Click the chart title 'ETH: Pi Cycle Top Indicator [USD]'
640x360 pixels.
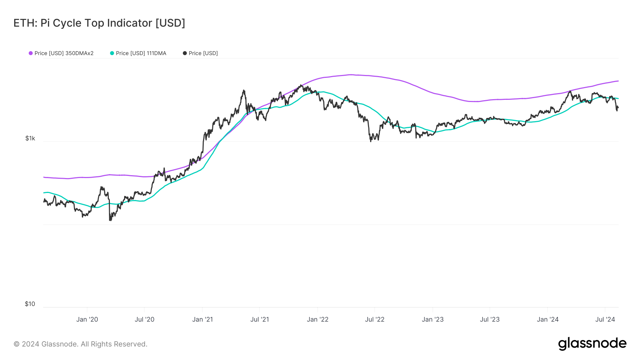pos(99,23)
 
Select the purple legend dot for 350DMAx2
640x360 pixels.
pos(31,53)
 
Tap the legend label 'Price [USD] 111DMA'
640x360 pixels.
pos(141,53)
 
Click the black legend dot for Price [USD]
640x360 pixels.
pos(185,53)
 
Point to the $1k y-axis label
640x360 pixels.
pos(30,138)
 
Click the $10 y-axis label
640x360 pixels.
pos(30,304)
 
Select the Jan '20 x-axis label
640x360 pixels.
pos(87,319)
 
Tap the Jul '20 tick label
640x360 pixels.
pos(144,319)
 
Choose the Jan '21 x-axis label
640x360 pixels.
pos(202,319)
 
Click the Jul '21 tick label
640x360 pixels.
pos(260,319)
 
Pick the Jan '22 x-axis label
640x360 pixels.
pos(318,319)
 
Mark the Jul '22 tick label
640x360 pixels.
pos(375,319)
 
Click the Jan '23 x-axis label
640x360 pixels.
pos(433,319)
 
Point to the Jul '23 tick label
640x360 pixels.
pos(490,319)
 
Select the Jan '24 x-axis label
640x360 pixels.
pos(548,319)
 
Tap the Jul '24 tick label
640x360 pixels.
pos(605,319)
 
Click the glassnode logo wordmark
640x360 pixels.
pos(592,344)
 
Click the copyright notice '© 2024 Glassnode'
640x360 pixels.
pos(80,344)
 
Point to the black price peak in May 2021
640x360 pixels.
pos(244,91)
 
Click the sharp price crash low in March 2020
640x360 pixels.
pos(110,220)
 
